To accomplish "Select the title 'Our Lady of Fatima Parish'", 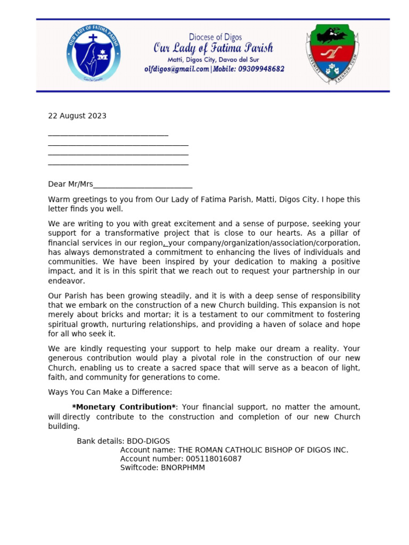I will pos(213,48).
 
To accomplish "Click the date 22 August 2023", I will pos(77,116).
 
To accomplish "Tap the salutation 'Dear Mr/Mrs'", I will pos(70,184).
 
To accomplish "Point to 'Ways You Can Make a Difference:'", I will pos(110,392).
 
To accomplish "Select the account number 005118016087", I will pos(213,459).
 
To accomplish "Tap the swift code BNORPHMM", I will pos(183,468).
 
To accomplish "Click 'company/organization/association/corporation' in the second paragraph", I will pos(276,243).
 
